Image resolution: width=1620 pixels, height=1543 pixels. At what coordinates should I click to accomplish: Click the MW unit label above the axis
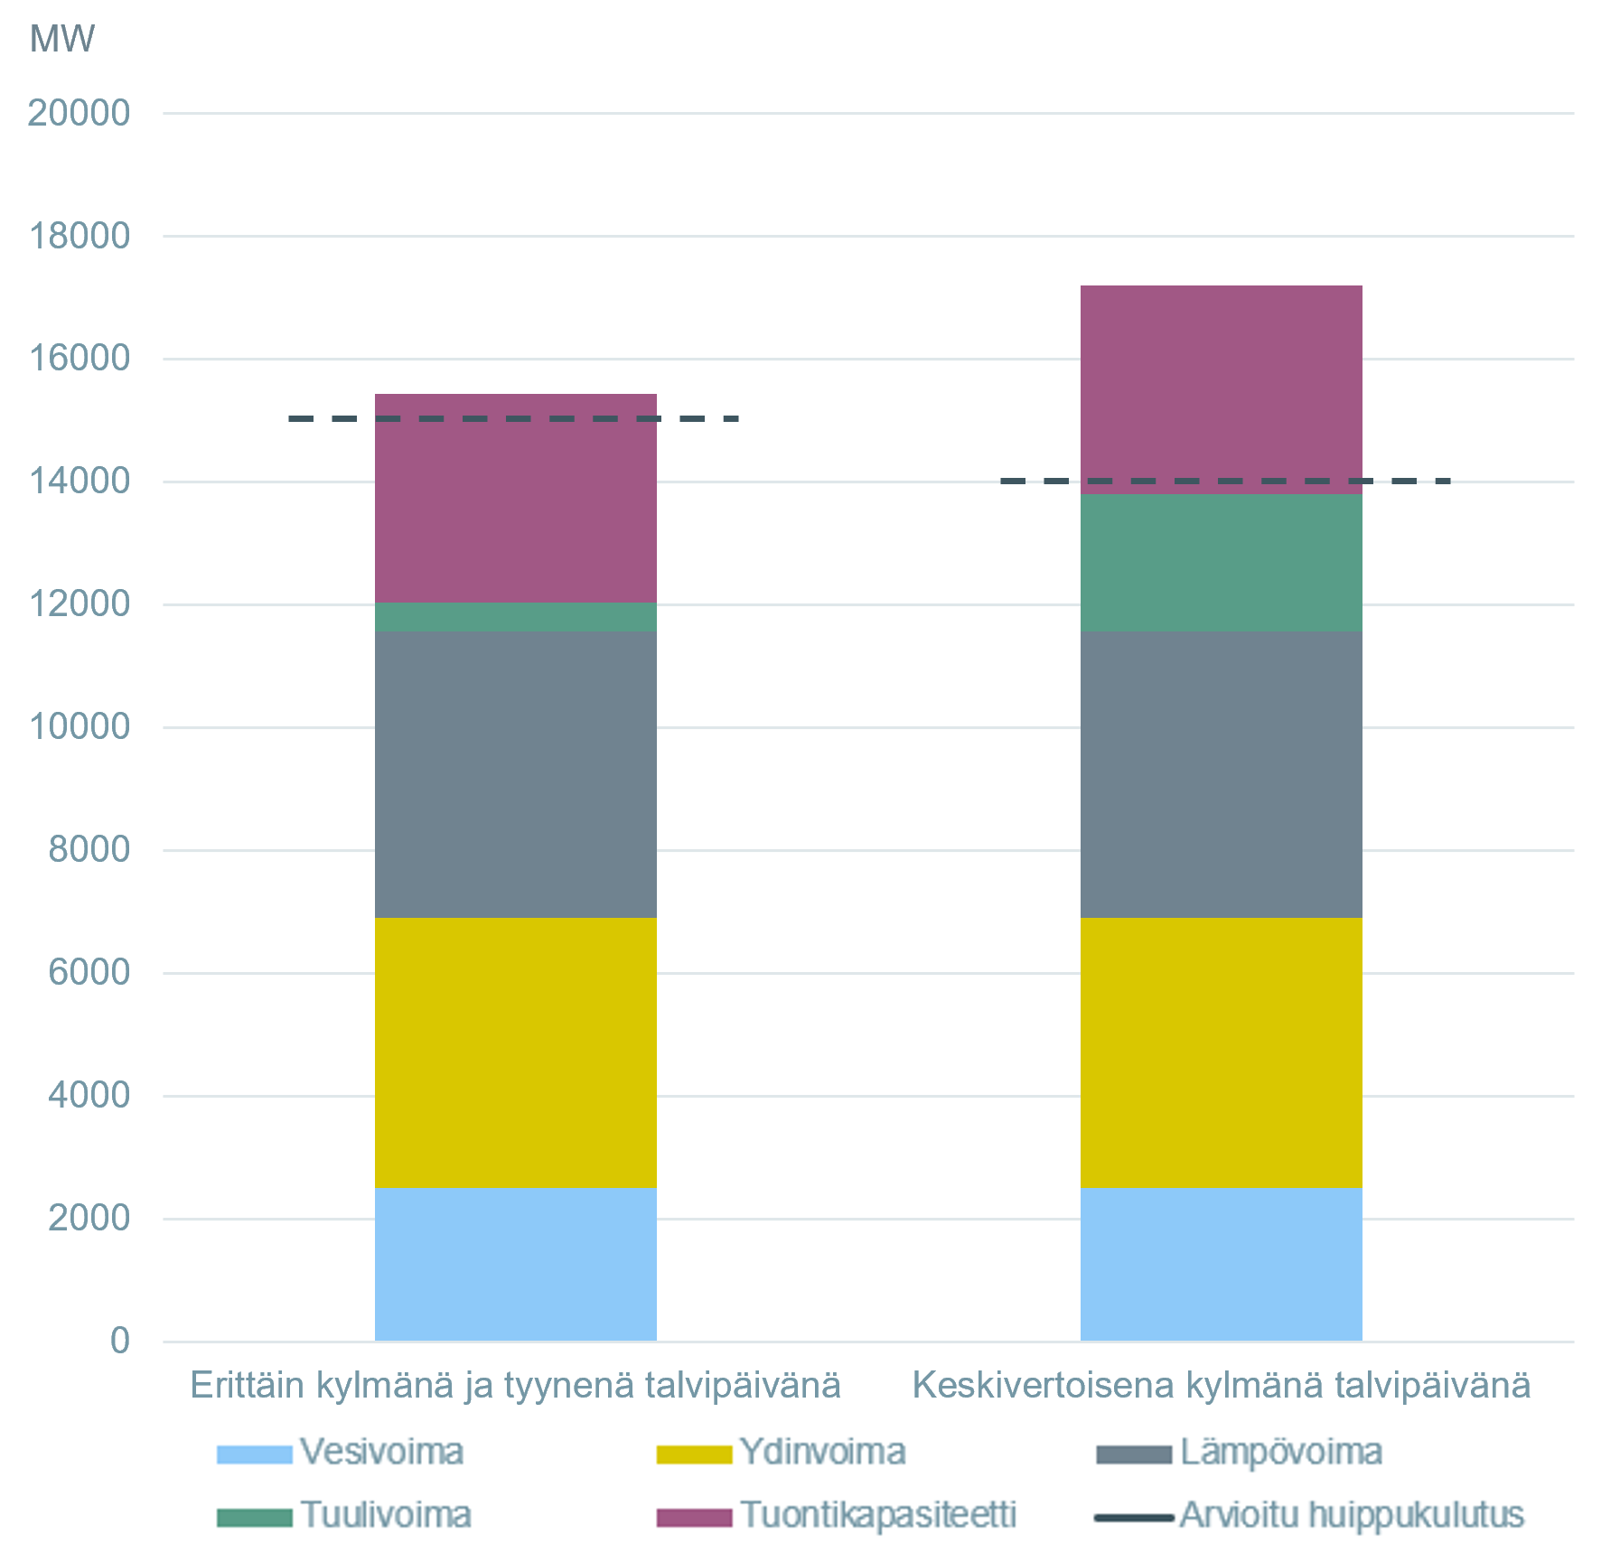coord(61,39)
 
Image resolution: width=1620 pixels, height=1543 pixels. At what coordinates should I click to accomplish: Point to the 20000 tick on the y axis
coord(80,113)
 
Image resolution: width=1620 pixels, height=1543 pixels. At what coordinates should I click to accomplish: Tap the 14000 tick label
coord(80,481)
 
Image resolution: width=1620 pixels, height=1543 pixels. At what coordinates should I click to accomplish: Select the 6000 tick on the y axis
coord(89,972)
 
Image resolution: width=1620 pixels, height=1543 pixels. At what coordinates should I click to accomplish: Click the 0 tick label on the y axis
coord(119,1341)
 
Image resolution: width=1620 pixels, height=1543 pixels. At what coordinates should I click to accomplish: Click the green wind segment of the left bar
coord(515,617)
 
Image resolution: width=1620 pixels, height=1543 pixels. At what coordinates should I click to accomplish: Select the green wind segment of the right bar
coord(1221,562)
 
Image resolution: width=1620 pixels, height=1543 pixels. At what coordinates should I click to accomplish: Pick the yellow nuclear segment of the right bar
coord(1221,1052)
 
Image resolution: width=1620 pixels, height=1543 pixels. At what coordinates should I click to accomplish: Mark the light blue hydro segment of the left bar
coord(515,1264)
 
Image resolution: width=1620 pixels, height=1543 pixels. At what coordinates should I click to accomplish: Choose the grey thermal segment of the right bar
coord(1221,774)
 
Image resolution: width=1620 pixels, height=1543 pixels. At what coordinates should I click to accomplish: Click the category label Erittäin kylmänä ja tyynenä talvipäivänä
coord(515,1385)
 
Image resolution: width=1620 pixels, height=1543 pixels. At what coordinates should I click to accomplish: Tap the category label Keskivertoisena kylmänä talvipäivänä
coord(1221,1385)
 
